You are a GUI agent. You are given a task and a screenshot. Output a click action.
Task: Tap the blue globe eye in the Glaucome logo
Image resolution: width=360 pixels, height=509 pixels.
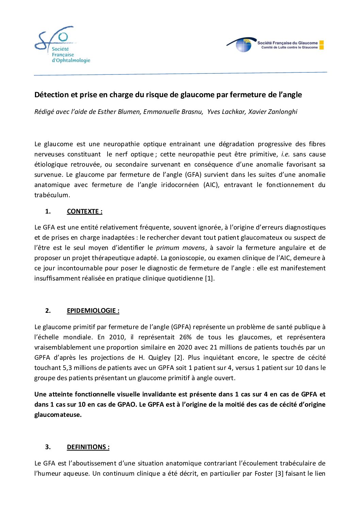(x=244, y=46)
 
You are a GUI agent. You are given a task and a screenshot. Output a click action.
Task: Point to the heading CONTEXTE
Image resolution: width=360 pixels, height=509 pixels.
(x=84, y=211)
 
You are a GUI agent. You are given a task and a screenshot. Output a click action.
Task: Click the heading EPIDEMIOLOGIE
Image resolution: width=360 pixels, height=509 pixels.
(x=93, y=311)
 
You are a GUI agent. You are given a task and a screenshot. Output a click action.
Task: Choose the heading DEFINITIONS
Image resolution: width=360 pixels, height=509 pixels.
(x=88, y=447)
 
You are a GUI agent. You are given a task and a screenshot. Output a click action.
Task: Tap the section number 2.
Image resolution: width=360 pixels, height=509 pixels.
(x=48, y=311)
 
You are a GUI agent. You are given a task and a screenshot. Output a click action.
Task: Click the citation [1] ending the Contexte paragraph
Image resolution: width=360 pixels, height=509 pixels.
(x=209, y=278)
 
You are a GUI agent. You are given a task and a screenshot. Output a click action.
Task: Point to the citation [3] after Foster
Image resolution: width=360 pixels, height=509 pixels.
(x=279, y=474)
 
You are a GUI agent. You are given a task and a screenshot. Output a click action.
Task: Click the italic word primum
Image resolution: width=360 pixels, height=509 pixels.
(x=168, y=248)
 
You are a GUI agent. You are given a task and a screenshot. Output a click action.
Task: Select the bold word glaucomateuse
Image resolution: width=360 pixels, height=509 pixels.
(x=58, y=415)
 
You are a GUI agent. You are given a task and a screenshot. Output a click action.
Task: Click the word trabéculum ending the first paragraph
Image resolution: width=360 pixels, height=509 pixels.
(x=52, y=195)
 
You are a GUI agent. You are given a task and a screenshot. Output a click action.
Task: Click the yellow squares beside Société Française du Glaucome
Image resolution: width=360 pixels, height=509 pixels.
(x=322, y=45)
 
